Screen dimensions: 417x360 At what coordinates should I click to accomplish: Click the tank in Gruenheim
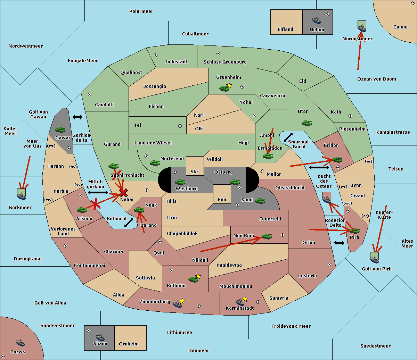coord(224,88)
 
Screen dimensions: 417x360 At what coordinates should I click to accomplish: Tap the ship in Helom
coord(317,20)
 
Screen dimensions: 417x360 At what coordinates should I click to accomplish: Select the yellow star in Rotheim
coord(198,276)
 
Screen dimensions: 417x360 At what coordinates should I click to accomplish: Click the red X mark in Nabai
coord(123,192)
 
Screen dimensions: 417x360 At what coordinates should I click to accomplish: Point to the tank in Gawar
coord(60,129)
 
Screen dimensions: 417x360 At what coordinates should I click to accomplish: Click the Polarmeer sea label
coord(141,11)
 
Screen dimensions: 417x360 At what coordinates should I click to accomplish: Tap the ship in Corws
coord(20,343)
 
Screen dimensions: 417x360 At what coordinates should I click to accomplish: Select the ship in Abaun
coord(100,337)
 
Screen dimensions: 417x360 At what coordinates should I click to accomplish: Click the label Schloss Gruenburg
coord(225,62)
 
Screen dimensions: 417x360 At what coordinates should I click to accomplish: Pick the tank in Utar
coord(306,123)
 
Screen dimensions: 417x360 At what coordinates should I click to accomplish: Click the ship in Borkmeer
coord(22,196)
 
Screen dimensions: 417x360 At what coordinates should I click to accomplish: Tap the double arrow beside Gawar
coord(77,117)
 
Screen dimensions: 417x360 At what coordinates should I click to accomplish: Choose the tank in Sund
coord(260,201)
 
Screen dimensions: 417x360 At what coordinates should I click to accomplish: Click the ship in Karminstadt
coord(240,302)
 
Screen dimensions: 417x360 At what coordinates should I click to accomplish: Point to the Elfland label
coord(285,30)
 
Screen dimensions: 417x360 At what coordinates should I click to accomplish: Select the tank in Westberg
coord(180,182)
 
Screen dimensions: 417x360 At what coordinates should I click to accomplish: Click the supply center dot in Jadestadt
coord(156,55)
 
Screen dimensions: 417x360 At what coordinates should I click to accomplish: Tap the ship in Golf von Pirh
coord(375,259)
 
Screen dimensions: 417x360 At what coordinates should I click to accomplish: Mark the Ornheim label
coord(129,344)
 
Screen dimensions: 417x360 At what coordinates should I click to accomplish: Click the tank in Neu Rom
coord(267,236)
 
